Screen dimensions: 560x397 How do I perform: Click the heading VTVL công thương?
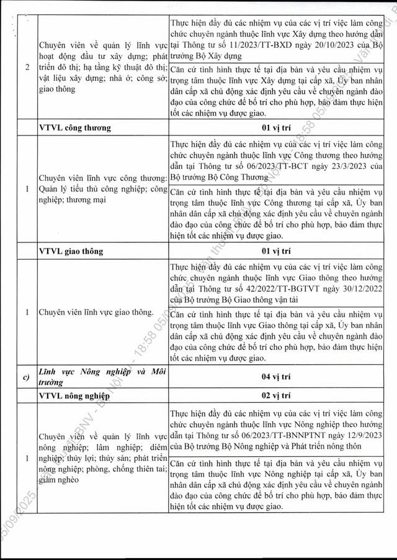tap(74, 128)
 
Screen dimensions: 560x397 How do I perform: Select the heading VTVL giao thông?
tap(71, 251)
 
